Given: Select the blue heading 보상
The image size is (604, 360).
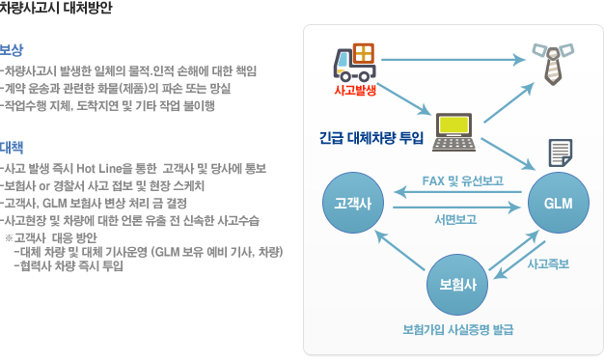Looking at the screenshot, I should click(13, 49).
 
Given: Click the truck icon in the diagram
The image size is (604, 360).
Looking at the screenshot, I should click(354, 63).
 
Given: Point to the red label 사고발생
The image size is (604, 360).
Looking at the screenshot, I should click(354, 91).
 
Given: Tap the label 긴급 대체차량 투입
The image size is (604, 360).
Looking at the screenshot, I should click(371, 137).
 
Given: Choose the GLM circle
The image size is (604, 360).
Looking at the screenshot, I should click(559, 204).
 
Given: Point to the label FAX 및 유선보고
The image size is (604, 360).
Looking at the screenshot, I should click(462, 181).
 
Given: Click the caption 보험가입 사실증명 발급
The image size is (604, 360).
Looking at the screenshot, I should click(457, 330).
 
